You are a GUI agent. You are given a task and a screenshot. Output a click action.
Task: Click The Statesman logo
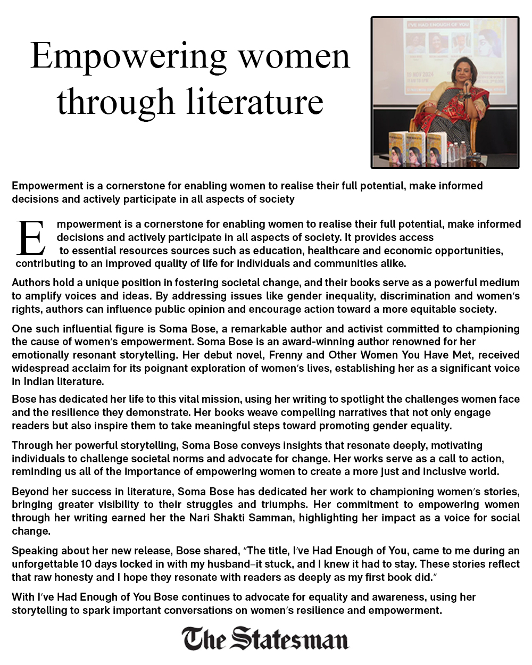(x=265, y=638)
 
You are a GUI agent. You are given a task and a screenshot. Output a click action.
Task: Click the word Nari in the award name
(x=200, y=518)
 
